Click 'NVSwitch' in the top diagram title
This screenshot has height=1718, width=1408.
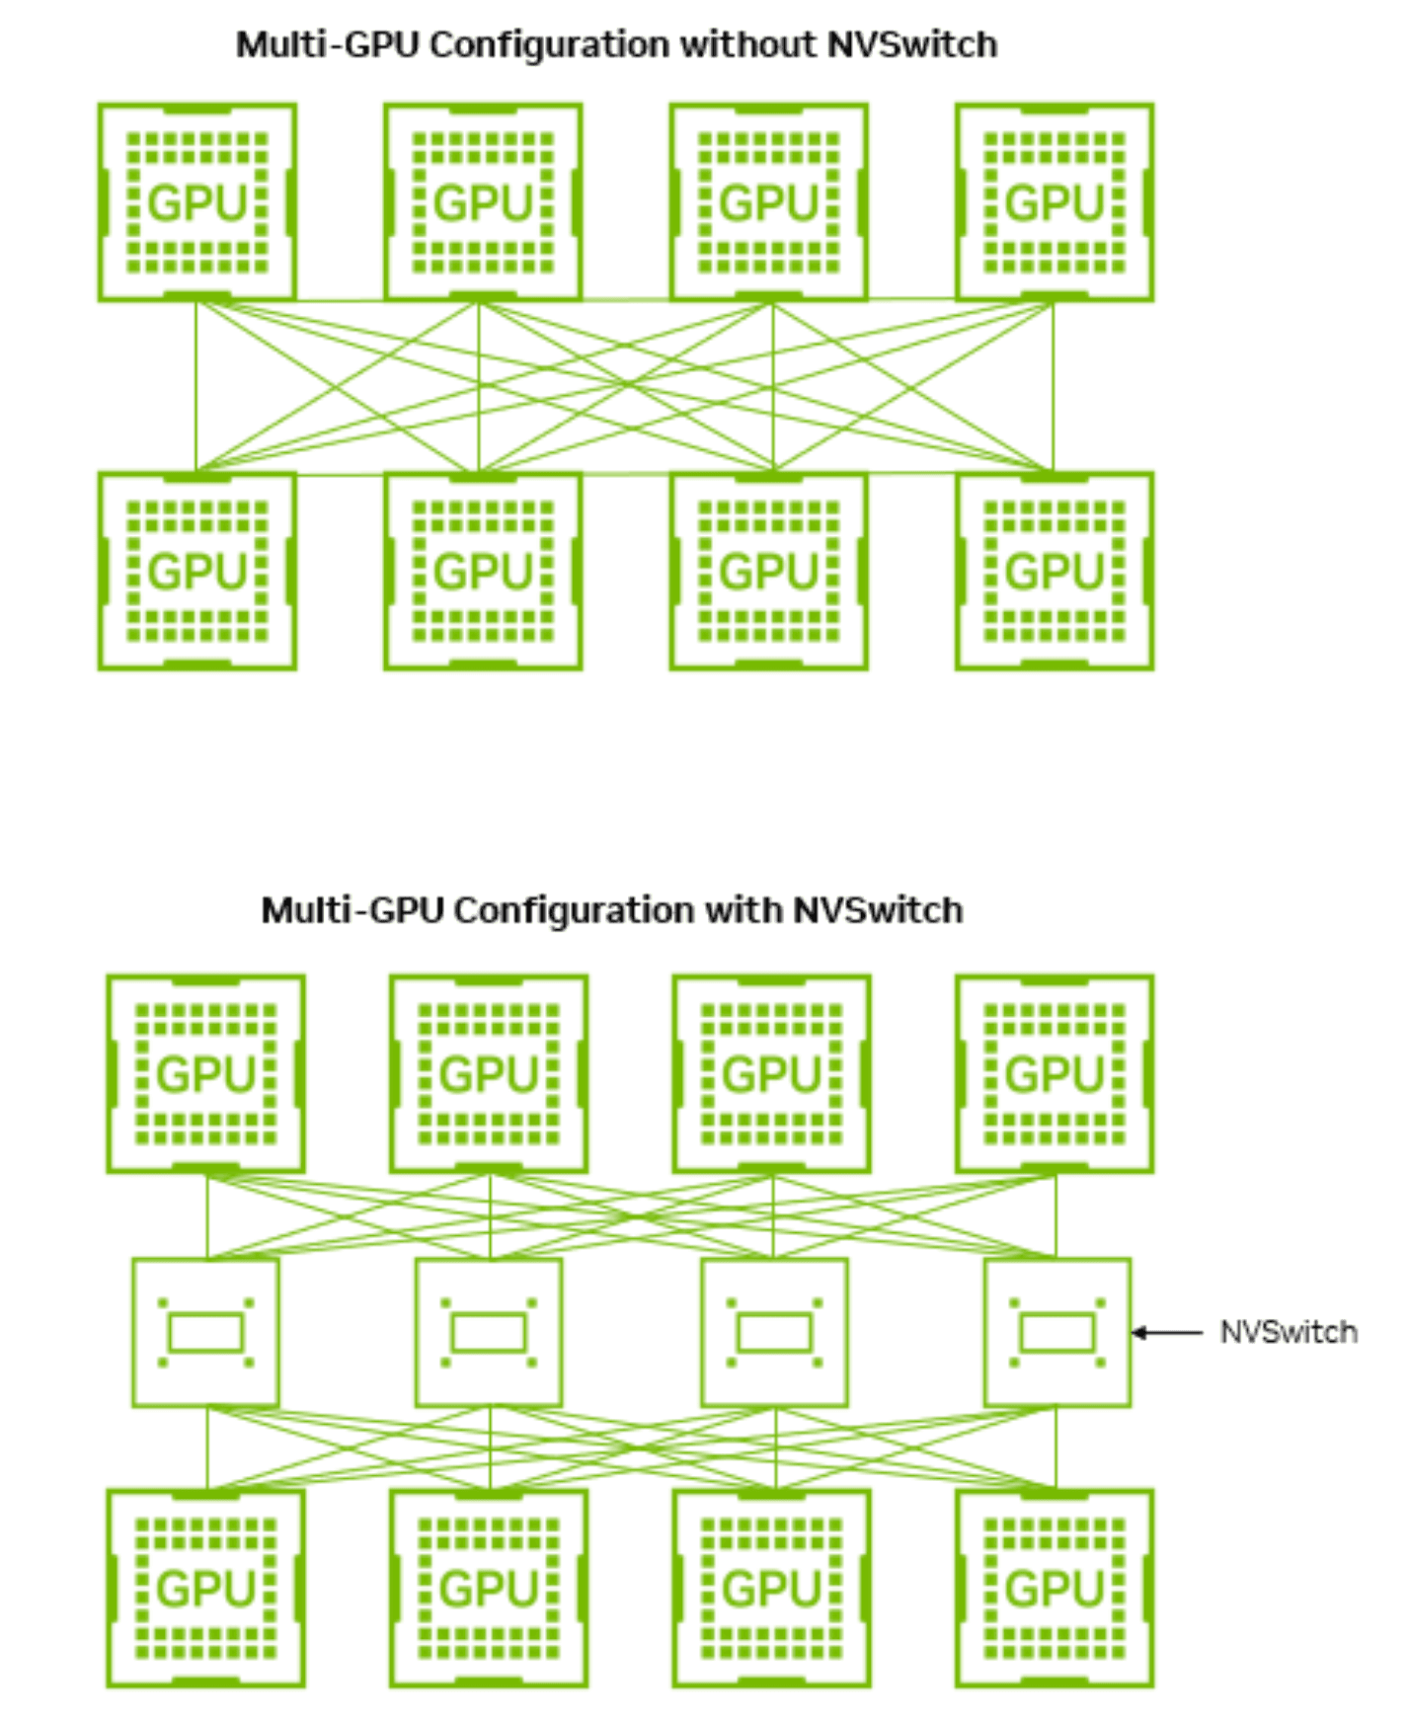[x=911, y=45]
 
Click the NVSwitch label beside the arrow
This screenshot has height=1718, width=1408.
[x=1288, y=1333]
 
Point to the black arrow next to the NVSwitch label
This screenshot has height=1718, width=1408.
[x=1167, y=1333]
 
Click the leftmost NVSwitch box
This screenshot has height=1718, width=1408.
[x=205, y=1333]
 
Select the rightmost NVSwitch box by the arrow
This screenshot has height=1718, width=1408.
[x=1056, y=1333]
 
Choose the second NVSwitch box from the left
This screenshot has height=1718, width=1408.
[x=489, y=1333]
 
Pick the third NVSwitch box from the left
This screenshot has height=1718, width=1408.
[x=774, y=1333]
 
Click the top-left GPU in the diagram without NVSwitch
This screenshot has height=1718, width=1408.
[x=197, y=202]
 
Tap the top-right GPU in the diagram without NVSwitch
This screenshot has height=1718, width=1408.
[x=1054, y=202]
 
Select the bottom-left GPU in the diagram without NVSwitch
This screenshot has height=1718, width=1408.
[x=197, y=572]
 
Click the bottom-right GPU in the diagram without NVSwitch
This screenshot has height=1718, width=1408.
[x=1054, y=572]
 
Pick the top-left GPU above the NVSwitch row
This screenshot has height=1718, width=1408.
[x=205, y=1074]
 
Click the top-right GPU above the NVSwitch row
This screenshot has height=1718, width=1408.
[x=1054, y=1074]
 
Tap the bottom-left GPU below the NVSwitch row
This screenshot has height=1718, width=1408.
[x=205, y=1589]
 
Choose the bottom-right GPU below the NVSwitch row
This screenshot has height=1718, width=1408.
[x=1054, y=1589]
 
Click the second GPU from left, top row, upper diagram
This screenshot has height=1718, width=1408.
[x=483, y=202]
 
